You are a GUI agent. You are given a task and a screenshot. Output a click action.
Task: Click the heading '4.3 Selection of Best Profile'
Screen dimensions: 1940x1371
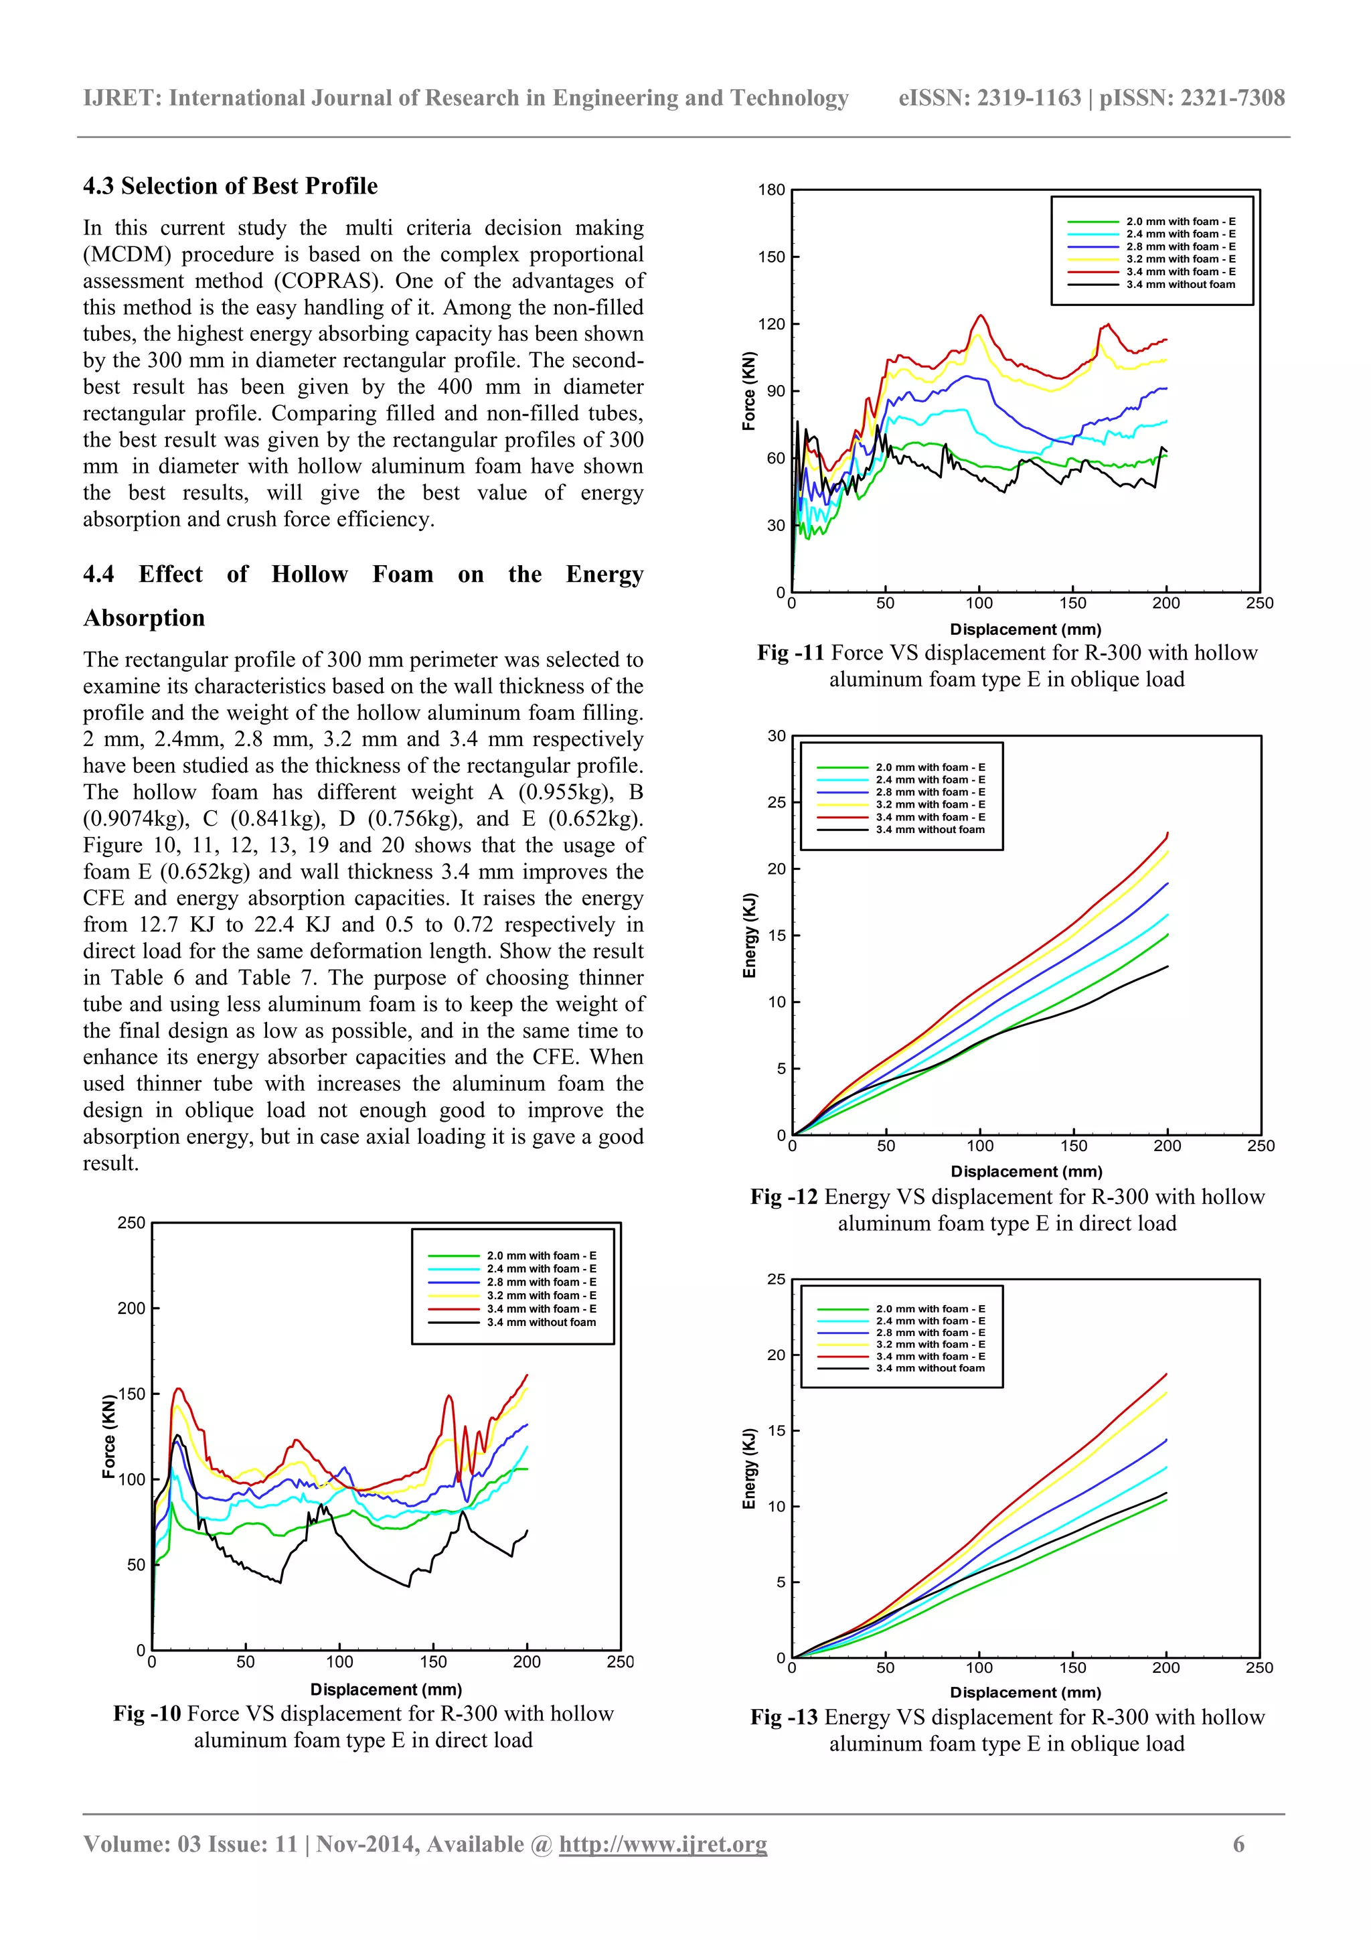[230, 186]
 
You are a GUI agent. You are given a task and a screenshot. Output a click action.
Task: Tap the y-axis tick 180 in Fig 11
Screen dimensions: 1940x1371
[771, 190]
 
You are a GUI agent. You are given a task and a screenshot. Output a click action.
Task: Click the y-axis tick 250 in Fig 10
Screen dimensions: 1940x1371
[131, 1223]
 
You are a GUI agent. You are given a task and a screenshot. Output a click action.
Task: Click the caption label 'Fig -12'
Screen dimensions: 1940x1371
[783, 1197]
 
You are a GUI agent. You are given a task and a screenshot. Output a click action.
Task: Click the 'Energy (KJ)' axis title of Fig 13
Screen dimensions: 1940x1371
[748, 1469]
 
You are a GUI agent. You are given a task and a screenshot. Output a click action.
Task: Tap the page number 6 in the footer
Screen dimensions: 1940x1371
[1238, 1844]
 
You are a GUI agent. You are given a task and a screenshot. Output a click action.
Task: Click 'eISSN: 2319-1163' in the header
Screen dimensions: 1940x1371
[989, 98]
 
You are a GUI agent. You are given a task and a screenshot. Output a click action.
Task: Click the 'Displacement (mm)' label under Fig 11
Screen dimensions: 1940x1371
[1025, 629]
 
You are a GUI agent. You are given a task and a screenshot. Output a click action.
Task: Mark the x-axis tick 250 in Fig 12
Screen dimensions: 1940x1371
[1261, 1146]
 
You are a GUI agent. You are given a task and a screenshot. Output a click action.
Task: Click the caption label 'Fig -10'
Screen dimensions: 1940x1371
[147, 1714]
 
